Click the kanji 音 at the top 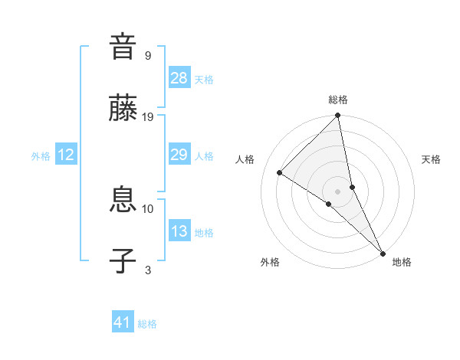coord(123,47)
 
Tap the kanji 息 coord(123,201)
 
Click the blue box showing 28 coord(179,78)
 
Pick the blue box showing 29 coord(179,155)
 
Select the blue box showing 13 coord(179,231)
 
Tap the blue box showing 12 coord(66,155)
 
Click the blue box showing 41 coord(123,322)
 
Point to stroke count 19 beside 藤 coord(148,116)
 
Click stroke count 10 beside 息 coord(148,208)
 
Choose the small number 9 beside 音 coord(147,55)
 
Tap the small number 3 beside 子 coord(147,270)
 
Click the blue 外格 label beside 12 coord(41,155)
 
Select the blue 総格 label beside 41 coord(147,324)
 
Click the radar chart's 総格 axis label coord(338,100)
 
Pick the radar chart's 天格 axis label coord(432,159)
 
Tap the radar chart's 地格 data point coord(383,254)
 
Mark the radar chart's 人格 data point coord(280,173)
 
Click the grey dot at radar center coord(338,191)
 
